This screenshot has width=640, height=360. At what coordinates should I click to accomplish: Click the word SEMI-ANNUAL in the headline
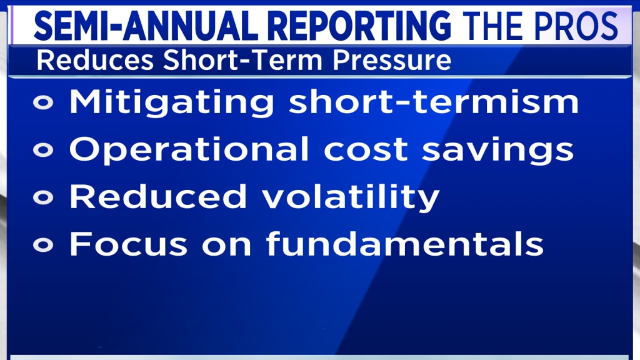click(x=146, y=26)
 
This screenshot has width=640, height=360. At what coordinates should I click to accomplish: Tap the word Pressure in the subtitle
click(x=392, y=61)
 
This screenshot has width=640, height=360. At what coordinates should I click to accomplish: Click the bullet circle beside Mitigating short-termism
click(x=43, y=102)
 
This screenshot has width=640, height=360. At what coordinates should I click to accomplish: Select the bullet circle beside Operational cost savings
click(x=43, y=150)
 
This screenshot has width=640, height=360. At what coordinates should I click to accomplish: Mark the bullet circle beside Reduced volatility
click(x=43, y=197)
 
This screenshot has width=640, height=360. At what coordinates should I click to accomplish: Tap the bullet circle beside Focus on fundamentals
click(x=43, y=245)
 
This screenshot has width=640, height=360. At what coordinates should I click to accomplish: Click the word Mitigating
click(x=172, y=102)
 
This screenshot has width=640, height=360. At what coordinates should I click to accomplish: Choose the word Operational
click(x=189, y=149)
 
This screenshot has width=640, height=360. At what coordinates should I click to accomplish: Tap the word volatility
click(x=351, y=197)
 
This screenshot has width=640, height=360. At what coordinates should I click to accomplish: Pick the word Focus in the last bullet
click(x=129, y=244)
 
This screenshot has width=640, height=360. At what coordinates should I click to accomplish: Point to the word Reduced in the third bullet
click(x=158, y=196)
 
